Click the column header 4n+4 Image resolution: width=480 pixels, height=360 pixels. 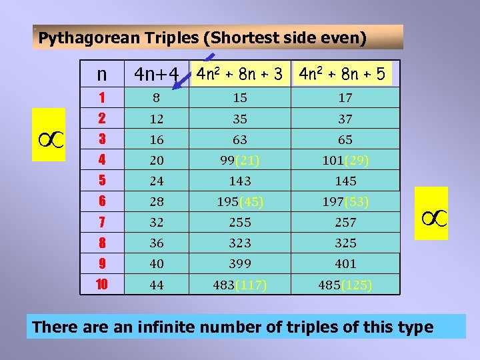point(157,75)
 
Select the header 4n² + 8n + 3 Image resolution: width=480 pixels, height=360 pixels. point(240,74)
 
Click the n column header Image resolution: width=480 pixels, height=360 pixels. point(101,75)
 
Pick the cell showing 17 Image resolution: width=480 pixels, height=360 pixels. point(345,98)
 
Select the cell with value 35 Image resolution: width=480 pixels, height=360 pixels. point(240,119)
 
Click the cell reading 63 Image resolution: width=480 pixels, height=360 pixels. point(240,140)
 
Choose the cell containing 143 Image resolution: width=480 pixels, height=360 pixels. point(240,181)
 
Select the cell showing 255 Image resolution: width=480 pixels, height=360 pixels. point(240,223)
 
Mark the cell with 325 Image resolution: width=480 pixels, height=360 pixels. point(345,243)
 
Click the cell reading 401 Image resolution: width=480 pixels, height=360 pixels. point(345,264)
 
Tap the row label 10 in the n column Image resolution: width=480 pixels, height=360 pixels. point(102,285)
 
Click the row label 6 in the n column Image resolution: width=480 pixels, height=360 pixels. point(102,202)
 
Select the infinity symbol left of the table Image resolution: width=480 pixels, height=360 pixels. point(49,135)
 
